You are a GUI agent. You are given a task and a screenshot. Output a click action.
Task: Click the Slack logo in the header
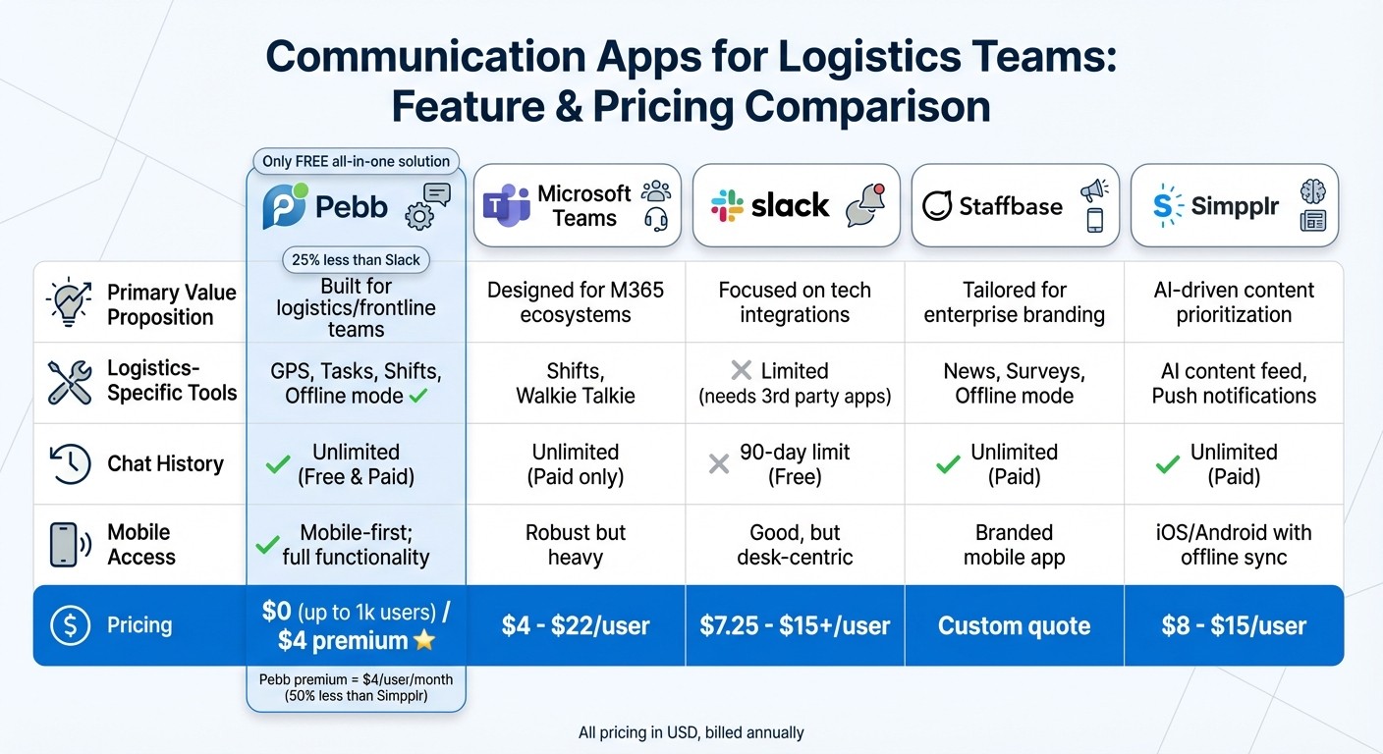[x=728, y=205]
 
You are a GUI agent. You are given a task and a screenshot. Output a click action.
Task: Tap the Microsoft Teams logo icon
[x=507, y=206]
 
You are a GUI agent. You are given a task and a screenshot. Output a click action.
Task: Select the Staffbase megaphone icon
[x=1093, y=190]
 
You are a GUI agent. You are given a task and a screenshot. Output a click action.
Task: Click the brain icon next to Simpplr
[x=1312, y=190]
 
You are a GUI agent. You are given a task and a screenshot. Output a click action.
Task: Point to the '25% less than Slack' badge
[x=356, y=260]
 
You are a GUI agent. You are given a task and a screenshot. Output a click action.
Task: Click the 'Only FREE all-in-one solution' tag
[x=356, y=161]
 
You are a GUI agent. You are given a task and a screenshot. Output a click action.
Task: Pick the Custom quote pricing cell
[x=1014, y=626]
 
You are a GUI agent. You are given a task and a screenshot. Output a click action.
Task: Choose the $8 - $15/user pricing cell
[x=1234, y=626]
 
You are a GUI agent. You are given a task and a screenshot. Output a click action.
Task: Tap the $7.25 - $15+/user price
[x=795, y=626]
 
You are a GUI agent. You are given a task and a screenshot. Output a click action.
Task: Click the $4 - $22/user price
[x=576, y=626]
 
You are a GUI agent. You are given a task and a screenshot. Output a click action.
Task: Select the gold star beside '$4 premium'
[x=424, y=641]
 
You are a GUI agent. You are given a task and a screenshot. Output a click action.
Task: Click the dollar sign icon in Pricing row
[x=70, y=625]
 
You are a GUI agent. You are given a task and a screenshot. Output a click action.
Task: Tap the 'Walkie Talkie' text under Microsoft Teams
[x=576, y=397]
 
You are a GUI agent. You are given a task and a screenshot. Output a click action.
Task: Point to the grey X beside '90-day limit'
[x=719, y=463]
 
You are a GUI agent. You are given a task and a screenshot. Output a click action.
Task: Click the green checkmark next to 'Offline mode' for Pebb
[x=417, y=396]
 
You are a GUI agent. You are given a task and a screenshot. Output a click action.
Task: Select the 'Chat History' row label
[x=165, y=463]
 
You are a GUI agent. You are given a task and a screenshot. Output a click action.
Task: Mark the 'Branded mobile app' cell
[x=1014, y=545]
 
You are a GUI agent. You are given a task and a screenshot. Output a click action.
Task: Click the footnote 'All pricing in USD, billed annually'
[x=691, y=732]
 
